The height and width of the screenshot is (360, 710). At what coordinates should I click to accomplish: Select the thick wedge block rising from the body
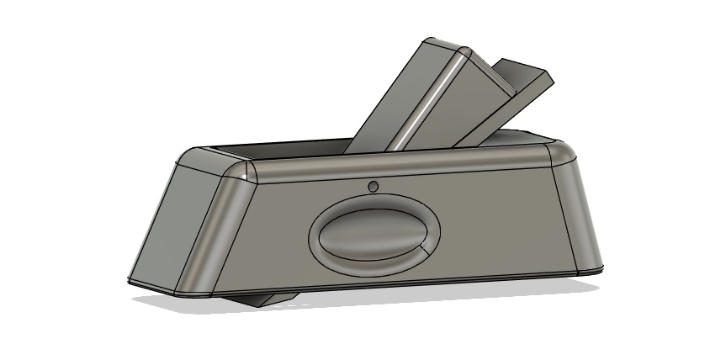(412, 101)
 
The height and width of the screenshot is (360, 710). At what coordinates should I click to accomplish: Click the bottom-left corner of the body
(131, 280)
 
